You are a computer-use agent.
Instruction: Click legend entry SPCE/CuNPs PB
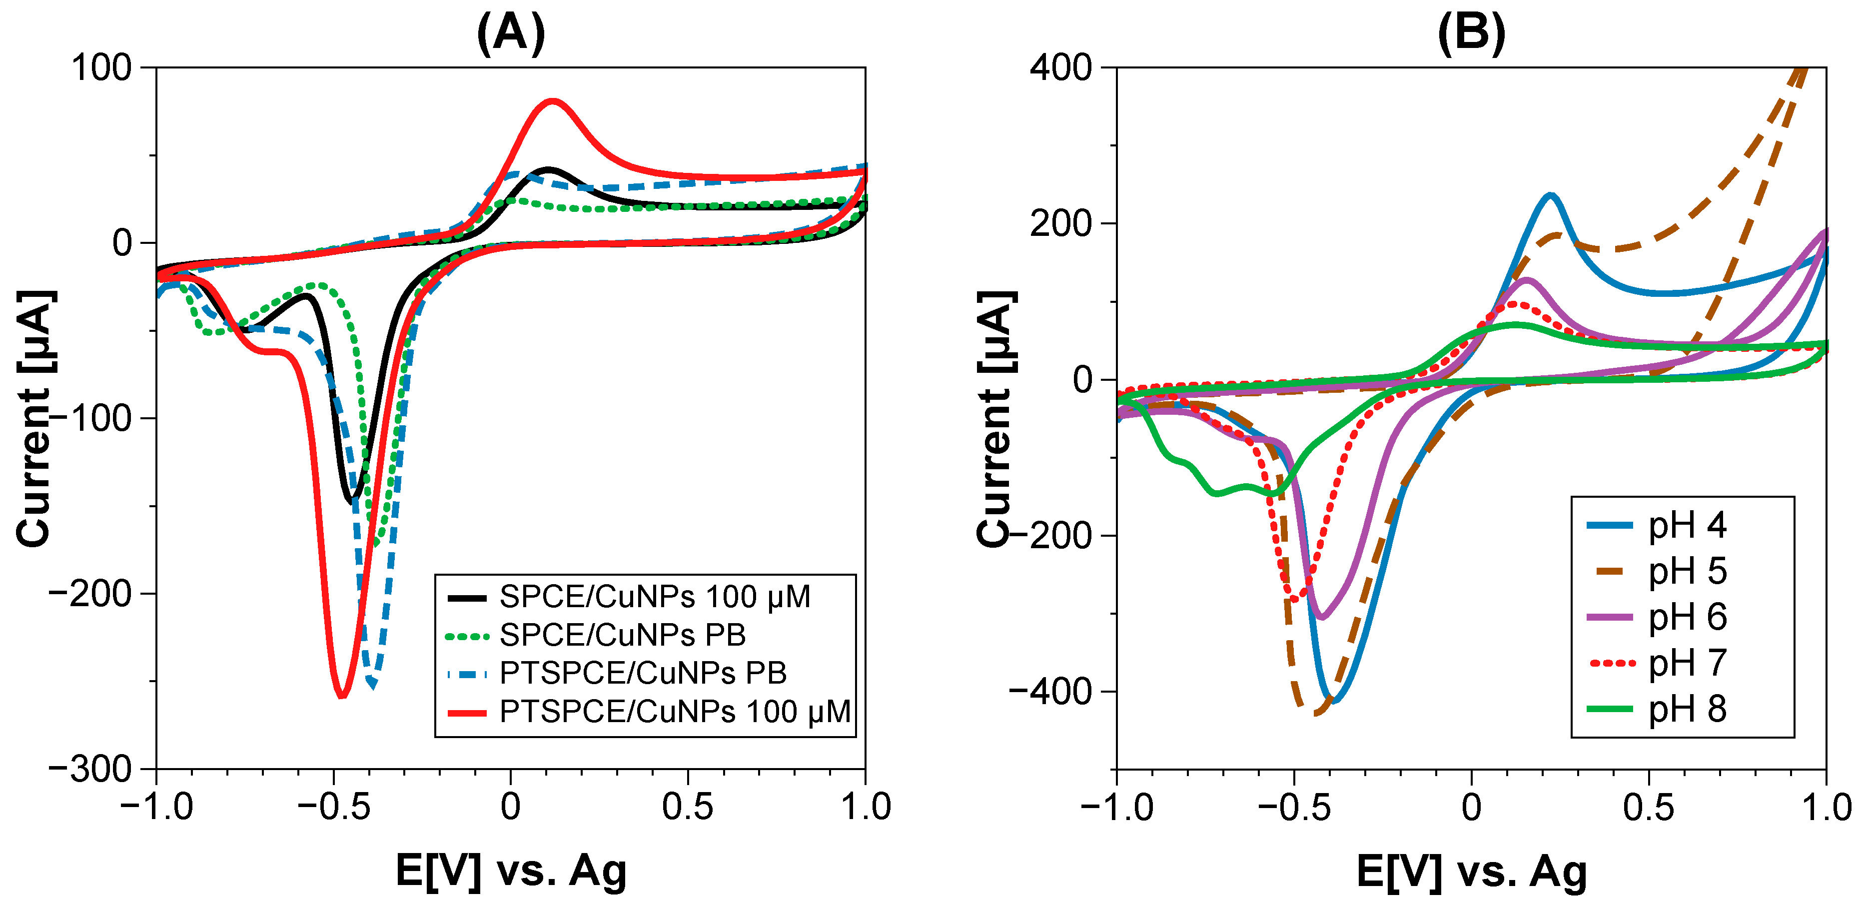point(622,635)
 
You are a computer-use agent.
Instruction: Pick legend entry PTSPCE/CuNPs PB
point(642,674)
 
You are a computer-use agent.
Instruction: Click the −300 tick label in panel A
point(90,768)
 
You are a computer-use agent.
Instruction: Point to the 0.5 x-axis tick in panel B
point(1648,807)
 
